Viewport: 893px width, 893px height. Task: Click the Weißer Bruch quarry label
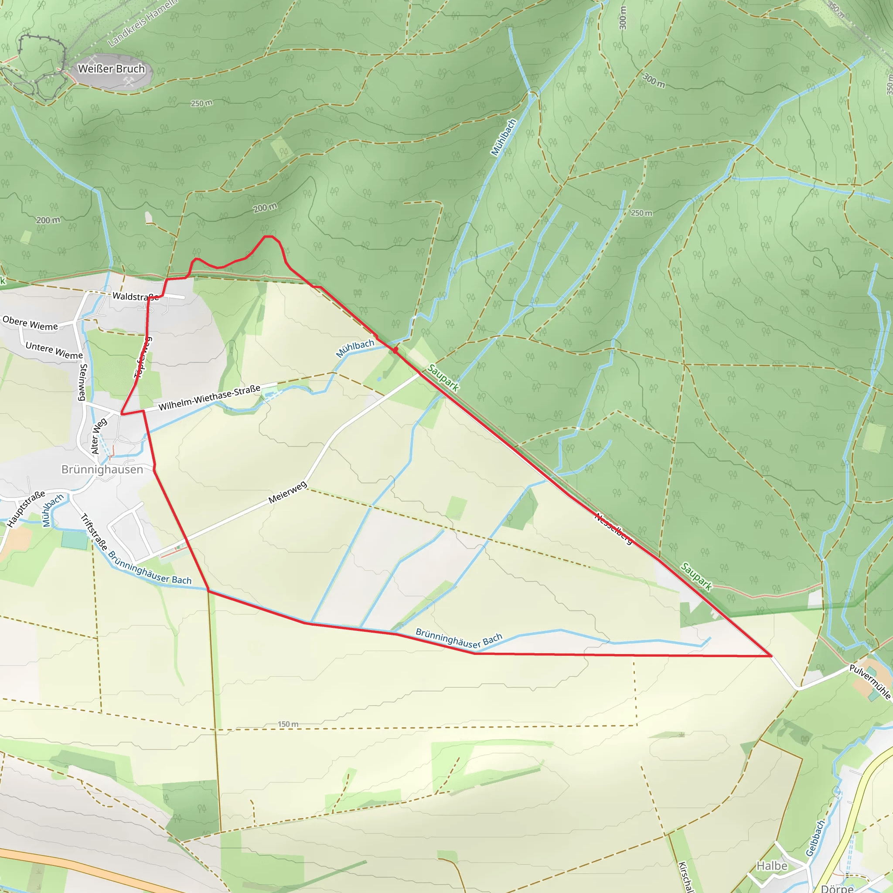click(111, 69)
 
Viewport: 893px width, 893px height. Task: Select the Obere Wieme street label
click(31, 323)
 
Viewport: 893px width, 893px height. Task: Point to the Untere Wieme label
click(54, 351)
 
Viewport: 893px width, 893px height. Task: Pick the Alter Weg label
click(99, 436)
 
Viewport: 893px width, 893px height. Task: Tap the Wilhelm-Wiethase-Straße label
click(209, 398)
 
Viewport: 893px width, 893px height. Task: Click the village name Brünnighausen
click(102, 470)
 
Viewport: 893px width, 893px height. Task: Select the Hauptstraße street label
click(26, 508)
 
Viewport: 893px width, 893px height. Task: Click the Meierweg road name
click(287, 492)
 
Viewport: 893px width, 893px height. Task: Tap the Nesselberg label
click(614, 528)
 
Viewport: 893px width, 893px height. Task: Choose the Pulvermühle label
click(869, 682)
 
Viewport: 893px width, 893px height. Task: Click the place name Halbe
click(772, 866)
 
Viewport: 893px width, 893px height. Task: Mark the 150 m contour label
click(288, 724)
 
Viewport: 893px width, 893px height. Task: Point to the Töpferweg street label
click(143, 358)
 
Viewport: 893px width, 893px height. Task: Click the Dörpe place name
click(837, 888)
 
